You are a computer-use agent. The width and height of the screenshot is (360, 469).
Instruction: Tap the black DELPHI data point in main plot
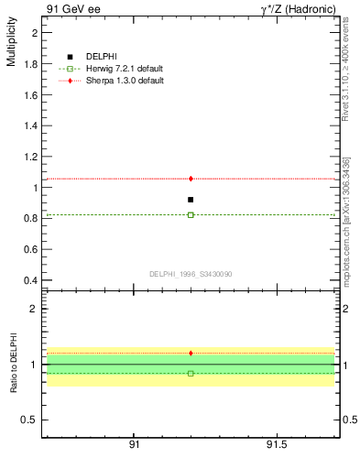point(191,200)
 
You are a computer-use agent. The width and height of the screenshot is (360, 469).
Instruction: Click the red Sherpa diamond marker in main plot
point(191,179)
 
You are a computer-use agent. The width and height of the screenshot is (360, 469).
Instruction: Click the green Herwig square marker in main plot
point(191,214)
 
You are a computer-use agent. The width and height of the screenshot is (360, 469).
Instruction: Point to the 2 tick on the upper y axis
point(36,32)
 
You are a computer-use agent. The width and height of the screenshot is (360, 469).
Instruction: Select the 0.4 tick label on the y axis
point(31,280)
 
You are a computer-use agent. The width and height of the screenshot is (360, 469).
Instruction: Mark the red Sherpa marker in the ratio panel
point(191,353)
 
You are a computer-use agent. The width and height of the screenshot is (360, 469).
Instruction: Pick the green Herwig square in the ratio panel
point(191,374)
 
